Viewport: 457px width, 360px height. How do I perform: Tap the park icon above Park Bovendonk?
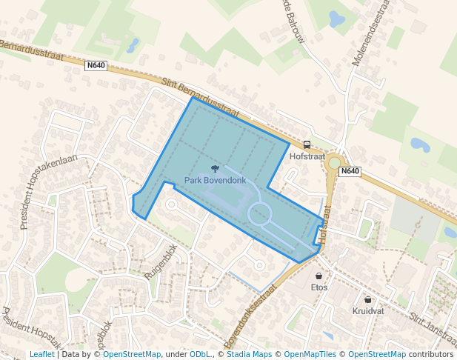pyautogui.click(x=215, y=170)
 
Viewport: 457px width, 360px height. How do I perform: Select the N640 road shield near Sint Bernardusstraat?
pyautogui.click(x=96, y=65)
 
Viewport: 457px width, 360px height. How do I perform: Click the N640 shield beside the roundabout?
pyautogui.click(x=350, y=172)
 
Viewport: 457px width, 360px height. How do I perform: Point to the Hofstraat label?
pyautogui.click(x=307, y=156)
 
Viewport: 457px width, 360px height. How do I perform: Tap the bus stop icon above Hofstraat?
pyautogui.click(x=307, y=145)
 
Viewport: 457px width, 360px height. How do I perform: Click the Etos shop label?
pyautogui.click(x=319, y=287)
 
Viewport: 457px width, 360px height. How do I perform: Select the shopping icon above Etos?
pyautogui.click(x=319, y=276)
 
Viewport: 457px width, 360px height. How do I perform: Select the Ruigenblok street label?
pyautogui.click(x=162, y=261)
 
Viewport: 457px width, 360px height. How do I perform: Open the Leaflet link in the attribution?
pyautogui.click(x=42, y=354)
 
